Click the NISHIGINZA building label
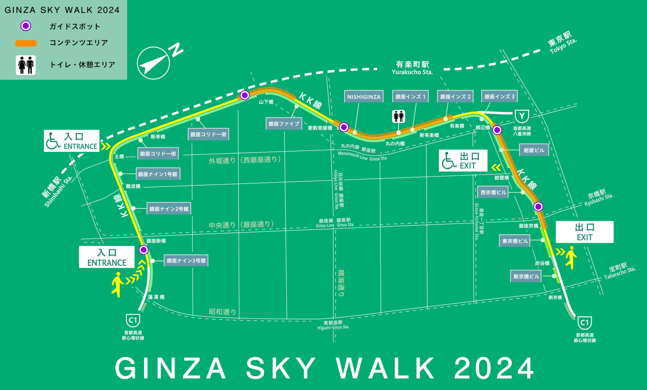pyautogui.click(x=364, y=97)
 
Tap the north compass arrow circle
pyautogui.click(x=153, y=63)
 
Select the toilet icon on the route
pyautogui.click(x=399, y=117)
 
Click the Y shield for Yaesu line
pyautogui.click(x=522, y=117)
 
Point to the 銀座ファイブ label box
pyautogui.click(x=284, y=124)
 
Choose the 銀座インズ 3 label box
pyautogui.click(x=499, y=97)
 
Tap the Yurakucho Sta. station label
pyautogui.click(x=412, y=68)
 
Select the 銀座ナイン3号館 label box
pyautogui.click(x=186, y=261)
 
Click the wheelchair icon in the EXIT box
pyautogui.click(x=449, y=161)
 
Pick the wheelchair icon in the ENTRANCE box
pyautogui.click(x=53, y=141)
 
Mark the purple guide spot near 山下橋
pyautogui.click(x=245, y=95)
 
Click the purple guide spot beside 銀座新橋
pyautogui.click(x=144, y=250)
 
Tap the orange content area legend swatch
pyautogui.click(x=26, y=43)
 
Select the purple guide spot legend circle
pyautogui.click(x=26, y=26)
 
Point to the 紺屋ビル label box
pyautogui.click(x=534, y=150)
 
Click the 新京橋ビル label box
pyautogui.click(x=526, y=277)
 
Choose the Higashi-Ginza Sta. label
pyautogui.click(x=333, y=325)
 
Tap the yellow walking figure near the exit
pyautogui.click(x=571, y=257)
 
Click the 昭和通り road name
pyautogui.click(x=222, y=312)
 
